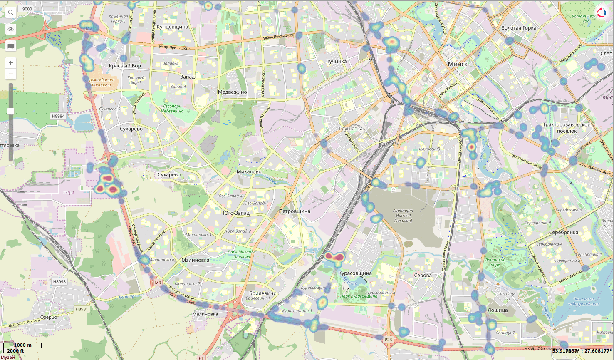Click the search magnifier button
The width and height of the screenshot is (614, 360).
click(11, 12)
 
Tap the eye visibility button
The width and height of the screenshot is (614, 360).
click(11, 29)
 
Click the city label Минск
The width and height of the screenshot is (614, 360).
click(458, 64)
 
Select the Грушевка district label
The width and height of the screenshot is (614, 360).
click(351, 129)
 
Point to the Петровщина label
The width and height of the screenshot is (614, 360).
click(295, 211)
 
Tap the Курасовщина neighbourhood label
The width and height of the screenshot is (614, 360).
click(355, 273)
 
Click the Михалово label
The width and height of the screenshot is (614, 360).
click(249, 171)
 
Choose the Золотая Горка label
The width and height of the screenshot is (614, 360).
click(519, 28)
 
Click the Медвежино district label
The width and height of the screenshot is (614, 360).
click(232, 92)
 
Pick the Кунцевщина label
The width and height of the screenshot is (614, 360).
click(172, 27)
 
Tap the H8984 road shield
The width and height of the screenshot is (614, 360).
click(58, 116)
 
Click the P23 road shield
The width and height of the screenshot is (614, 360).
click(388, 340)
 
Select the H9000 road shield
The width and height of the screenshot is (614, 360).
click(26, 9)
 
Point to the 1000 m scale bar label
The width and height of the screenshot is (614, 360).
click(22, 345)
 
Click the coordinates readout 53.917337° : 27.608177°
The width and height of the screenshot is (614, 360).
click(582, 351)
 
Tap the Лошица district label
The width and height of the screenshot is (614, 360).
click(498, 310)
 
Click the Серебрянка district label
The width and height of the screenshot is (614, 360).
click(563, 232)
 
